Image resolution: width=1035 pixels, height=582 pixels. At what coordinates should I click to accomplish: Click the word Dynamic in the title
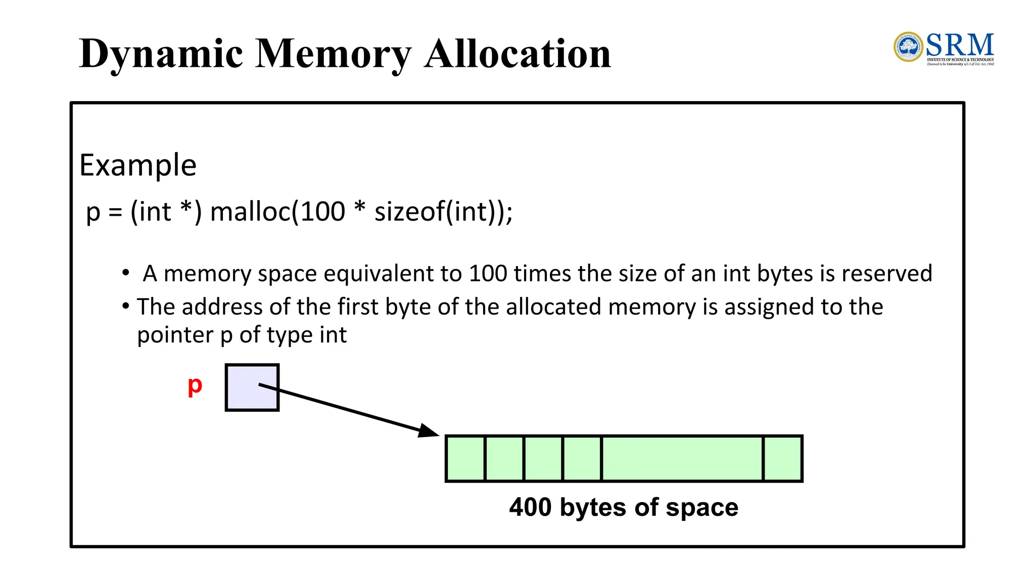tap(161, 55)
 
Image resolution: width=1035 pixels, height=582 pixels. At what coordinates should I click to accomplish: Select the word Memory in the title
tap(333, 55)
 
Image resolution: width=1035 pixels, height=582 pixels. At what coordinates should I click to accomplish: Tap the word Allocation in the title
tap(517, 54)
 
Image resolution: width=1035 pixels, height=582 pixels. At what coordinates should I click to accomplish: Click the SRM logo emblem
tap(908, 47)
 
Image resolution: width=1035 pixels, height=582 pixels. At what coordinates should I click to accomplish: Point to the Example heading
tap(138, 165)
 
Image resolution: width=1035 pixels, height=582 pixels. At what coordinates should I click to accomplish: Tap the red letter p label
tap(195, 386)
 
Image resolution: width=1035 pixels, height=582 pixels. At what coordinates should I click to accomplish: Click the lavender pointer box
tap(252, 387)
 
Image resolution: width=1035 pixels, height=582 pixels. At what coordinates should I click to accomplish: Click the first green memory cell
tap(465, 459)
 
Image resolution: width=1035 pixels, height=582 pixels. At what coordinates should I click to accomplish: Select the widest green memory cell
tap(682, 459)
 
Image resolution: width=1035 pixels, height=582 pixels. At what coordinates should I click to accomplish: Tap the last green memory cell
tap(782, 459)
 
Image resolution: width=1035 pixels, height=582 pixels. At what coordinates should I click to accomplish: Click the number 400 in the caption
tap(530, 507)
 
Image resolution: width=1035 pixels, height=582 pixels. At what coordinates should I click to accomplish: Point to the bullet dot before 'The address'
tap(126, 305)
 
